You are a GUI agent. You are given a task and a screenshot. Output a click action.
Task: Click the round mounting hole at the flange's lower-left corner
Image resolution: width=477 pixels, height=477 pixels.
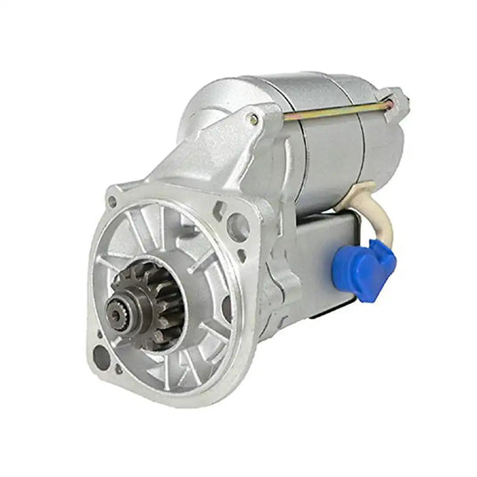101,359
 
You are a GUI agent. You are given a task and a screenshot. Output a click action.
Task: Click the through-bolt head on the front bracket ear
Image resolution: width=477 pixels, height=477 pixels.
253,119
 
